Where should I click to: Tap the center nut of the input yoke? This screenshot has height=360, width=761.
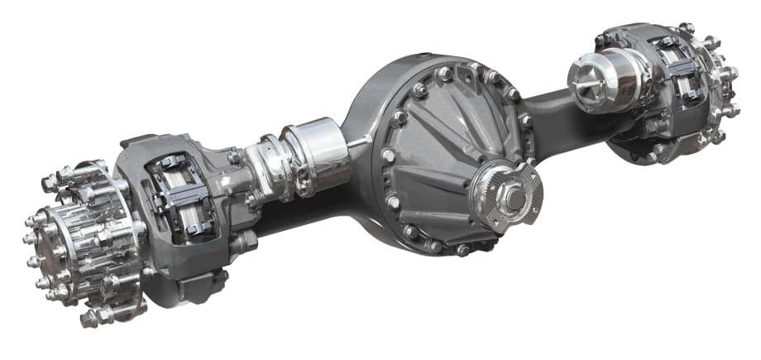coord(512,198)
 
